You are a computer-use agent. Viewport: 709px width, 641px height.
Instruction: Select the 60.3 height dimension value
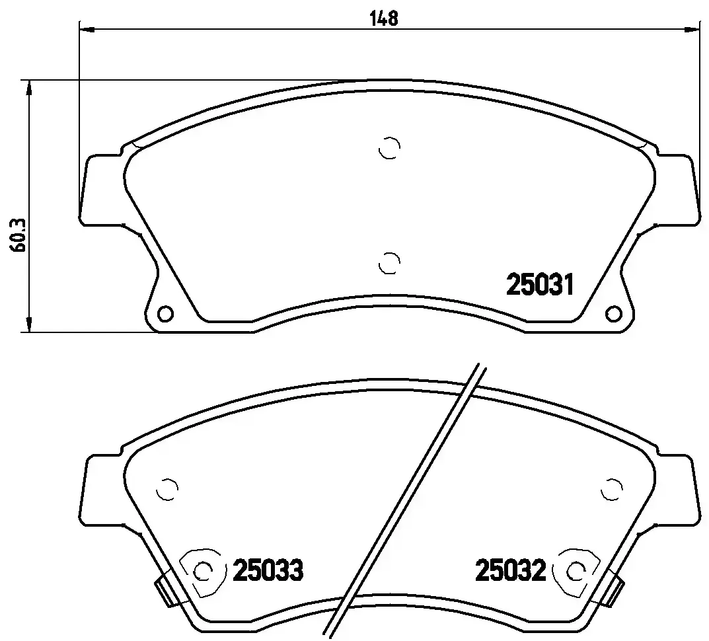18,235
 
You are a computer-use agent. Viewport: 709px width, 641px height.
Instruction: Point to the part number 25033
267,570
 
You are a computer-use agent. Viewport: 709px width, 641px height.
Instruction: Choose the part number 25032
510,570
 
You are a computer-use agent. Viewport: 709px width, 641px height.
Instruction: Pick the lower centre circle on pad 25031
389,262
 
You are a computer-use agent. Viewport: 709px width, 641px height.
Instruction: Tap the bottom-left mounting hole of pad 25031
165,313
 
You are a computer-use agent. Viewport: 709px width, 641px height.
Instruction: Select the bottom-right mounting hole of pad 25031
613,313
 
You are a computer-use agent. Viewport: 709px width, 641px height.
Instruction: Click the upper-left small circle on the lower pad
167,490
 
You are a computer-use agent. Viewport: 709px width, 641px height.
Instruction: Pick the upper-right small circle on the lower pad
612,490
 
